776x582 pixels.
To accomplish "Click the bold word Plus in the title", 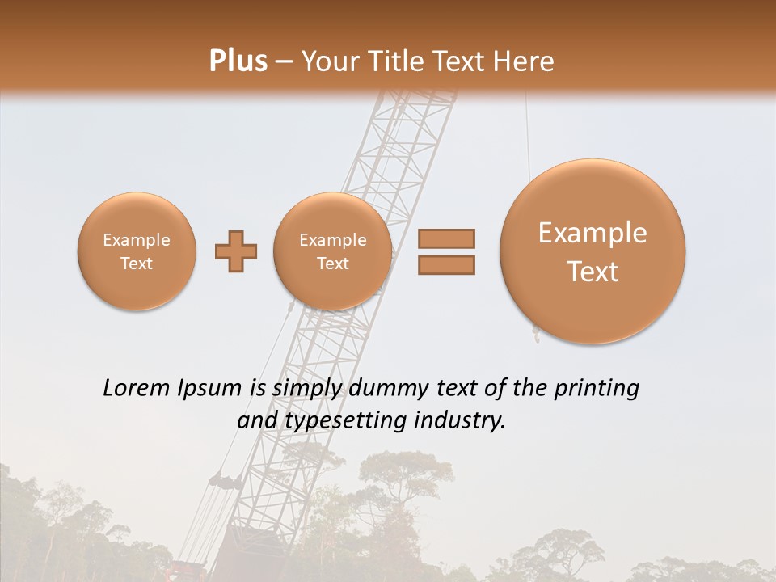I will click(x=238, y=61).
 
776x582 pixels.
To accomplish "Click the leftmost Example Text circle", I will click(x=136, y=251).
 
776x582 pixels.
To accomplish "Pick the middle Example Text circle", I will click(x=332, y=251).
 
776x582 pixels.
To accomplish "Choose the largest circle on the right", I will click(x=593, y=251).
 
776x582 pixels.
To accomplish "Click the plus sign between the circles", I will click(x=235, y=252).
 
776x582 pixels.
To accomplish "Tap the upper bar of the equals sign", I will click(x=445, y=238).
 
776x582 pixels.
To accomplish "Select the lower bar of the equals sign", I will click(x=445, y=264).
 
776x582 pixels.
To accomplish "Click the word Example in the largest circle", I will click(x=593, y=234).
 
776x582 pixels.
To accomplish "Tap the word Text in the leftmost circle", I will click(x=136, y=264).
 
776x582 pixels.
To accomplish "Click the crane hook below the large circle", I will click(x=534, y=331).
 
